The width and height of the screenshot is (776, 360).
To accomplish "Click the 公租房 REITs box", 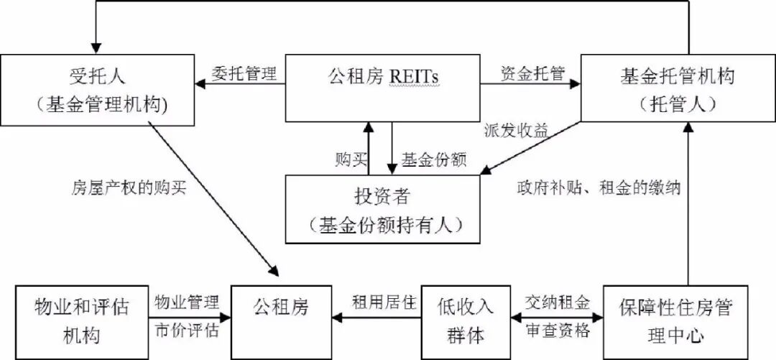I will (x=383, y=86).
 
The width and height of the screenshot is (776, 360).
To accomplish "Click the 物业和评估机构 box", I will (x=80, y=321).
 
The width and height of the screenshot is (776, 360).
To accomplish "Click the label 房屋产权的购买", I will (x=129, y=188).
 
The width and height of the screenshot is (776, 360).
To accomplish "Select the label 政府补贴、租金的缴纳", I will (x=598, y=188).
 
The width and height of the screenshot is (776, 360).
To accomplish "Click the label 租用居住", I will (x=384, y=303).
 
